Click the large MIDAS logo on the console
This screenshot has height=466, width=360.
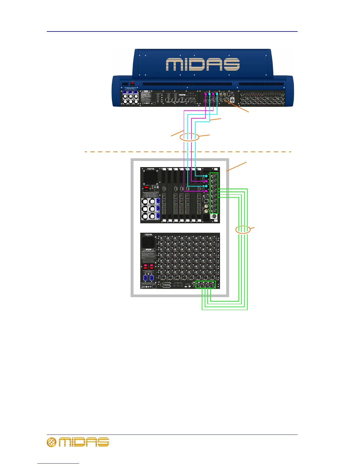pyautogui.click(x=203, y=64)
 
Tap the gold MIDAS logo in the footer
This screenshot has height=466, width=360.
pyautogui.click(x=78, y=442)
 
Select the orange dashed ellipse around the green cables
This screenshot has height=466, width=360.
pyautogui.click(x=243, y=230)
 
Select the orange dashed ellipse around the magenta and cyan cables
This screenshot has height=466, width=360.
pyautogui.click(x=189, y=137)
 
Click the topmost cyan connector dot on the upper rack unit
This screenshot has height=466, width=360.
pyautogui.click(x=206, y=176)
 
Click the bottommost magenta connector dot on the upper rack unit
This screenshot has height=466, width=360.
pyautogui.click(x=206, y=191)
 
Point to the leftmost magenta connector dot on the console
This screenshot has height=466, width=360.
pyautogui.click(x=206, y=94)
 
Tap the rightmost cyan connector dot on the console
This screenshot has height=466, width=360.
pyautogui.click(x=217, y=94)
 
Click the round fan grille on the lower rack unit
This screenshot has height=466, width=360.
pyautogui.click(x=148, y=242)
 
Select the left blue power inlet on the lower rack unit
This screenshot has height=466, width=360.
pyautogui.click(x=145, y=278)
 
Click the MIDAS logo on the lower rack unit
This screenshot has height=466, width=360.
pyautogui.click(x=148, y=235)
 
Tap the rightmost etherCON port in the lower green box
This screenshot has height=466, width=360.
pyautogui.click(x=213, y=285)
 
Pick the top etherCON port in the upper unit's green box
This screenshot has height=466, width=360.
pyautogui.click(x=214, y=176)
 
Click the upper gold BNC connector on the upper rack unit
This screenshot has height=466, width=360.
pyautogui.click(x=206, y=206)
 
